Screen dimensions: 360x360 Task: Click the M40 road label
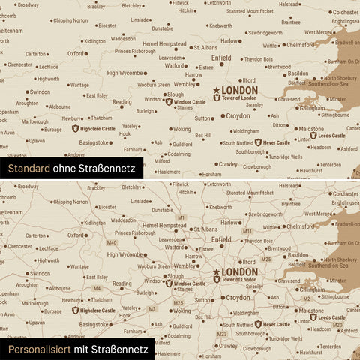pyautogui.click(x=112, y=242)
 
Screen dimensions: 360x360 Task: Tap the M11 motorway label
pyautogui.click(x=247, y=231)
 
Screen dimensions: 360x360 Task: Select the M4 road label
pyautogui.click(x=97, y=288)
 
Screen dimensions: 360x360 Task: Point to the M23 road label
pyautogui.click(x=222, y=333)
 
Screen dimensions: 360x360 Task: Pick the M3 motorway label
pyautogui.click(x=152, y=308)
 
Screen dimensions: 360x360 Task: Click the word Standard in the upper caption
pyautogui.click(x=29, y=169)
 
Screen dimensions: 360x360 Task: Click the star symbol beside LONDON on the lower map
pyautogui.click(x=217, y=272)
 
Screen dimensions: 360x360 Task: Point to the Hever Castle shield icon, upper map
pyautogui.click(x=256, y=142)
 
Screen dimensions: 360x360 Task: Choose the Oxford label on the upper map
pyautogui.click(x=76, y=54)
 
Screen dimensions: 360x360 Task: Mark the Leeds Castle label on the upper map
pyautogui.click(x=331, y=136)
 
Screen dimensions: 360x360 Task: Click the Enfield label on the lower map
pyautogui.click(x=221, y=239)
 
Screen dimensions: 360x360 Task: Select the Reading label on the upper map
pyautogui.click(x=121, y=102)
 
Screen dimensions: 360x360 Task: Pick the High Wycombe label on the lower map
pyautogui.click(x=124, y=255)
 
